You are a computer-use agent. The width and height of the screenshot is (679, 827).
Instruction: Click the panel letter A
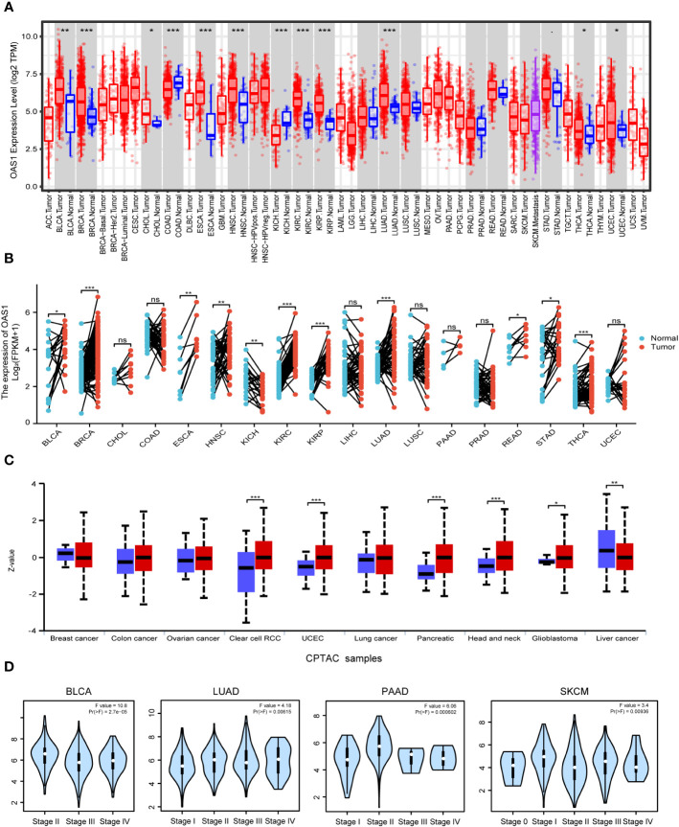click(x=8, y=8)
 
